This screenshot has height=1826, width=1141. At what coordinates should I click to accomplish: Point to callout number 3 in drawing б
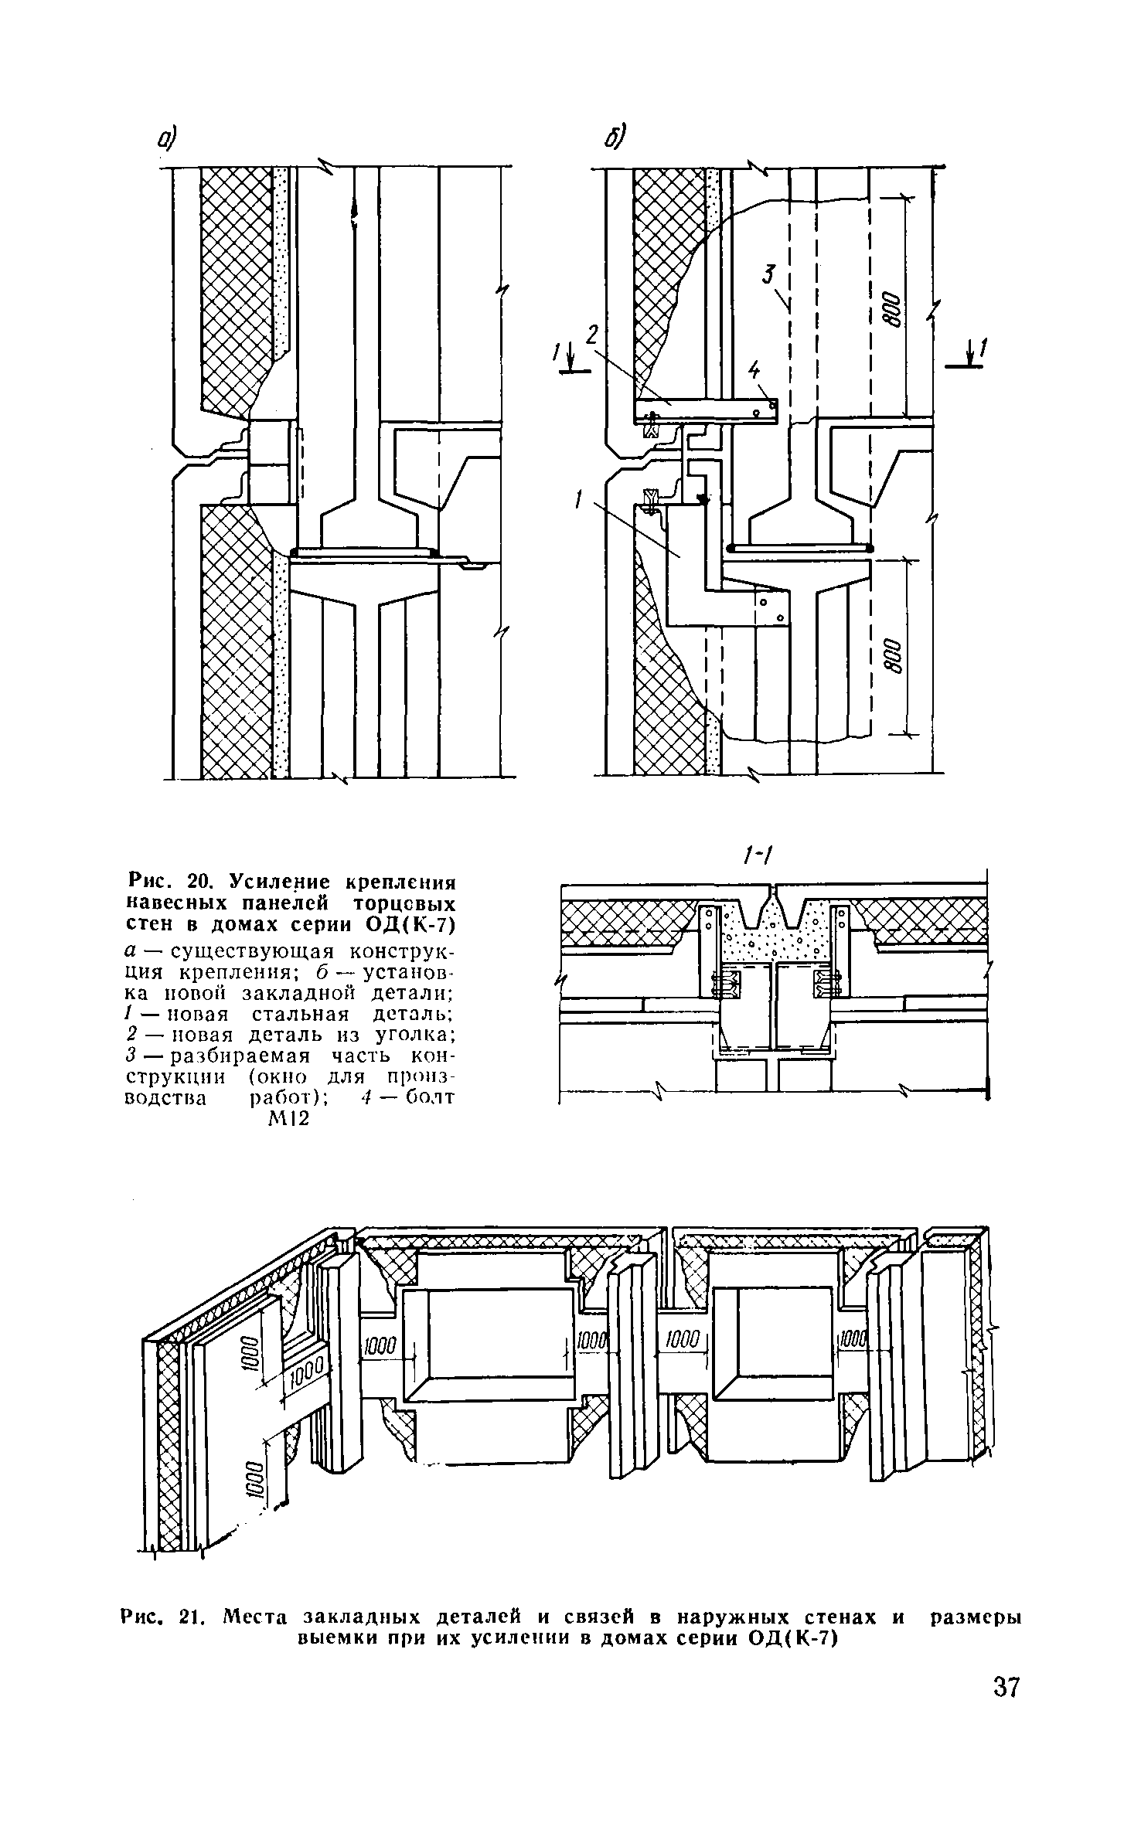pos(768,274)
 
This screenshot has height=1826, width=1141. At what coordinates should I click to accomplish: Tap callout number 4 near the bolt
pos(754,374)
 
